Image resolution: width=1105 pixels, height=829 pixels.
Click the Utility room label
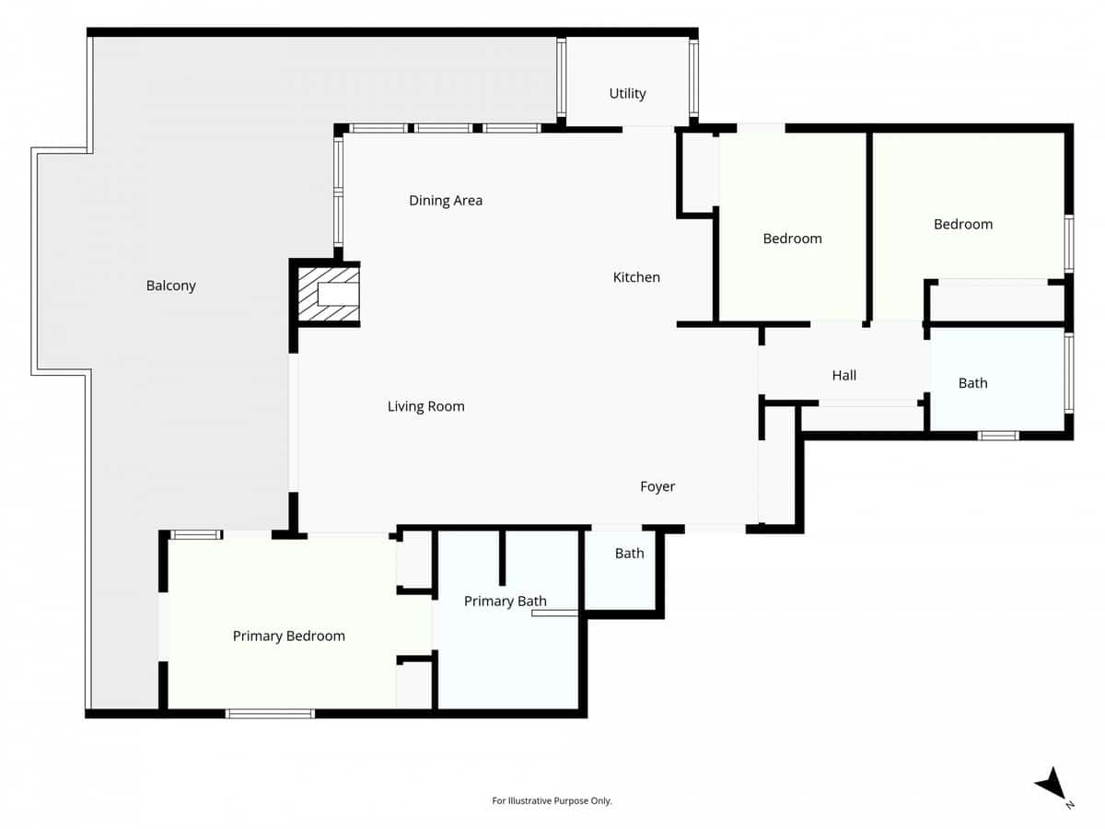tap(627, 94)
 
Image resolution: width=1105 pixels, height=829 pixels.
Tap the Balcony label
tap(171, 286)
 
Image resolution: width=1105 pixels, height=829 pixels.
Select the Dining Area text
tap(446, 201)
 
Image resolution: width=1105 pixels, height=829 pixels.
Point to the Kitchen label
tap(636, 277)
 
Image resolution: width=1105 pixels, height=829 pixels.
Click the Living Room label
tap(425, 406)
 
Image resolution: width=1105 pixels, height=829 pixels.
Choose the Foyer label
tap(657, 486)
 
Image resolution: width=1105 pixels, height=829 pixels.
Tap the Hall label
tap(843, 375)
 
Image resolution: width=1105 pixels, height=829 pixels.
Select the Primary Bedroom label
tap(288, 636)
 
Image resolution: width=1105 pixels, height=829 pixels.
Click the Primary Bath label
tap(505, 601)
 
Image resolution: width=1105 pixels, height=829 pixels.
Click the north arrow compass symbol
tap(1052, 785)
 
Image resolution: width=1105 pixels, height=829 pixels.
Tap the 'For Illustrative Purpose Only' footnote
tap(552, 801)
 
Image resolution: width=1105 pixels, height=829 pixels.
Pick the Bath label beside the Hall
tap(972, 383)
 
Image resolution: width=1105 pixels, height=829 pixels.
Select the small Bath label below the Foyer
tap(629, 554)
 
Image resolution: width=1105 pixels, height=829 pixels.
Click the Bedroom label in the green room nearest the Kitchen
tap(792, 239)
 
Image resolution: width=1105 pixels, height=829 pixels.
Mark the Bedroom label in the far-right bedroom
tap(963, 224)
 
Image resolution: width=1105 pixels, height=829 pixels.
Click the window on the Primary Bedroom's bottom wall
tap(270, 713)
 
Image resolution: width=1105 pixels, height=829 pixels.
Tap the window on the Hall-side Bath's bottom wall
tap(997, 436)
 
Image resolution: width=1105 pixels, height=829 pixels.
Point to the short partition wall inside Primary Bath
tap(502, 557)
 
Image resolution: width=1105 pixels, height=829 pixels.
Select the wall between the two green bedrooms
tap(867, 226)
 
